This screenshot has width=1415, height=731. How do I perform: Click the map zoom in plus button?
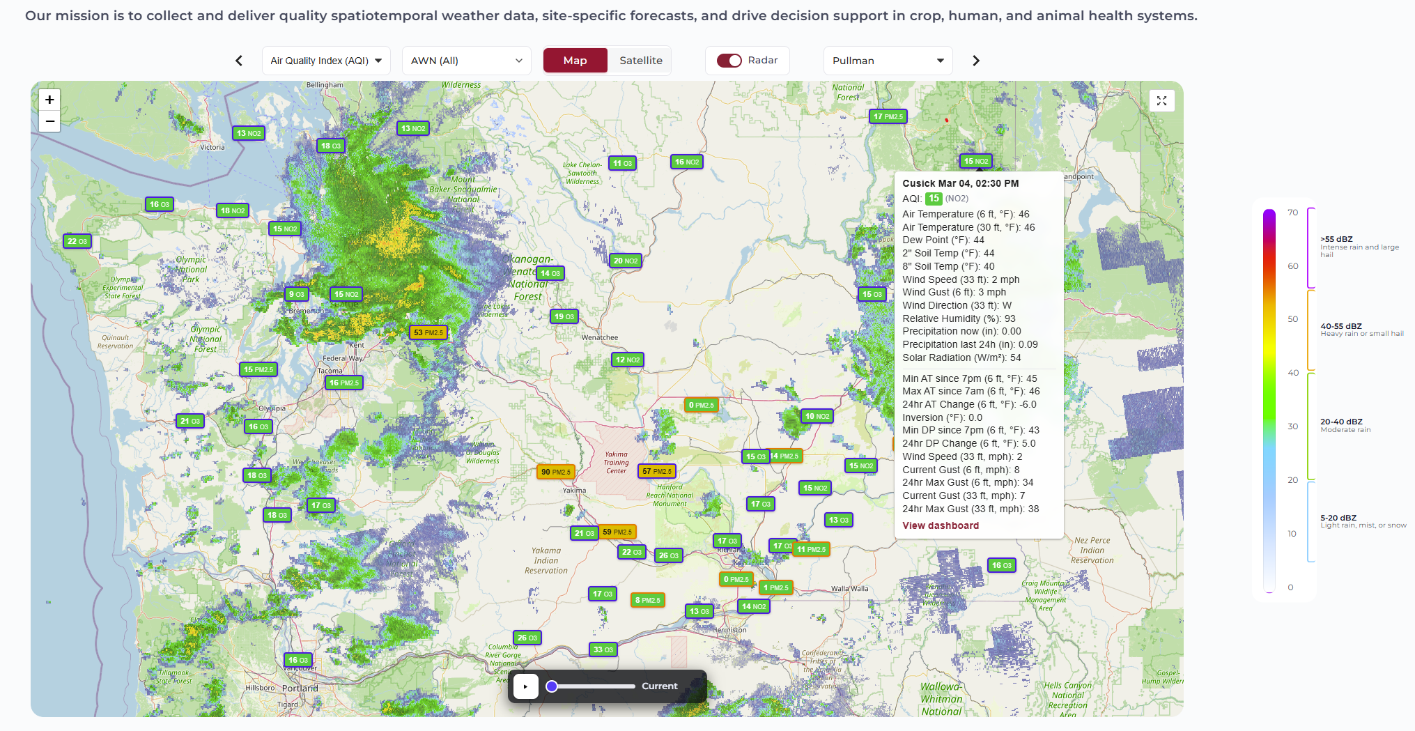pyautogui.click(x=49, y=100)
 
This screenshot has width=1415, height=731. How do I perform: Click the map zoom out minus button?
pyautogui.click(x=49, y=121)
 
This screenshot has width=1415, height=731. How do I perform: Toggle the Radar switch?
pyautogui.click(x=729, y=61)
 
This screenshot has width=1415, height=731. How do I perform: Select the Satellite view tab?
pyautogui.click(x=640, y=61)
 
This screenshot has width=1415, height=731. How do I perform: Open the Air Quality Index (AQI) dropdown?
pyautogui.click(x=326, y=61)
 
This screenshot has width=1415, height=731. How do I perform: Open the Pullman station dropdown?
pyautogui.click(x=888, y=61)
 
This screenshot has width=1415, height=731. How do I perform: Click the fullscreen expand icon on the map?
pyautogui.click(x=1161, y=101)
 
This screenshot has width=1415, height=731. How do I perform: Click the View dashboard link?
pyautogui.click(x=941, y=525)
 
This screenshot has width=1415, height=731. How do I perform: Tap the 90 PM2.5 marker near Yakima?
pyautogui.click(x=555, y=472)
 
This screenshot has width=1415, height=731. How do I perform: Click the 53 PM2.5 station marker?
pyautogui.click(x=428, y=332)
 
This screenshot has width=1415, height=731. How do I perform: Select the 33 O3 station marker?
pyautogui.click(x=603, y=649)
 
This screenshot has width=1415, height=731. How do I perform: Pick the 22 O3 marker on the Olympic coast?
pyautogui.click(x=77, y=241)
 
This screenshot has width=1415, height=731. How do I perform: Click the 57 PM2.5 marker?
pyautogui.click(x=657, y=471)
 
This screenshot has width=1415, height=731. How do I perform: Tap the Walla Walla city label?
pyautogui.click(x=849, y=589)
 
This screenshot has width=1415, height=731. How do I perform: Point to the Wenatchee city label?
pyautogui.click(x=599, y=338)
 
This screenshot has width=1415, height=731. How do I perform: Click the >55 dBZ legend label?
pyautogui.click(x=1336, y=239)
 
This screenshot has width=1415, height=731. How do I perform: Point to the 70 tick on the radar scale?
pyautogui.click(x=1292, y=213)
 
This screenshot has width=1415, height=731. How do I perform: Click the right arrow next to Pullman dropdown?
pyautogui.click(x=975, y=61)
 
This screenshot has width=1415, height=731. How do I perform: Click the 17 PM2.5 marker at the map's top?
pyautogui.click(x=888, y=116)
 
